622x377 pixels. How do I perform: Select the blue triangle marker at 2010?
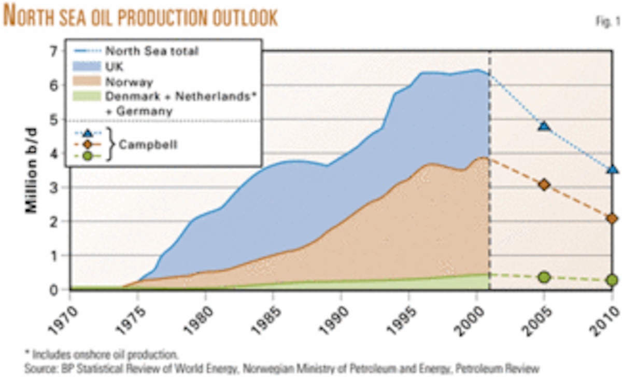click(612, 170)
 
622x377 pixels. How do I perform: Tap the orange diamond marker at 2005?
click(544, 185)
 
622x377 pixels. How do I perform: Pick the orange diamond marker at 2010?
click(612, 219)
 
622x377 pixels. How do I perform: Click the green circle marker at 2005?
click(544, 277)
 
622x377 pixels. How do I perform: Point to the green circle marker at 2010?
click(612, 280)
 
